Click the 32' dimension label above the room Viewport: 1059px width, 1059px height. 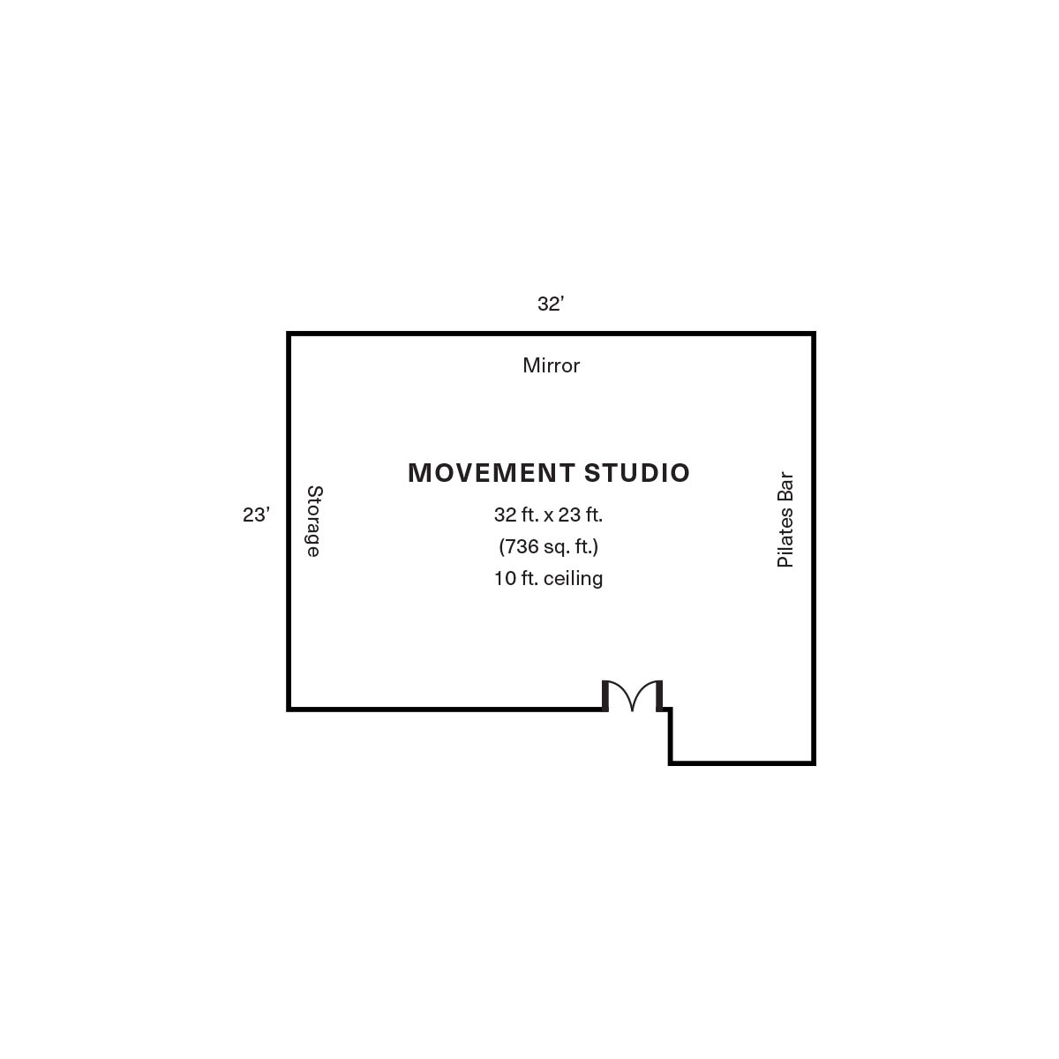550,304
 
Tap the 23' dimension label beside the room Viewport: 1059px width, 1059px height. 256,514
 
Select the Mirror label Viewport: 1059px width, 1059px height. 551,365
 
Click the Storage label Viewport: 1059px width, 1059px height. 314,521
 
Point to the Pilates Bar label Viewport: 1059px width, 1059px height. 785,519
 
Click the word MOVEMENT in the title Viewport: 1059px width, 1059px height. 492,473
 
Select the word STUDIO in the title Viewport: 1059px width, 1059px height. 636,473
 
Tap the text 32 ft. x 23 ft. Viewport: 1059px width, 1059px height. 548,514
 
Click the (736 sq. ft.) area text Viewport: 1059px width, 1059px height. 548,547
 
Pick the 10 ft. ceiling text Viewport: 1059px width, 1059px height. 548,578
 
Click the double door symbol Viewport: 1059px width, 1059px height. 633,695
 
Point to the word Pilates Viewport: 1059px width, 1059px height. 785,537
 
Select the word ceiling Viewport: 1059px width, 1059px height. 574,578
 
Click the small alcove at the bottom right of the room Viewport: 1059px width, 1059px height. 742,735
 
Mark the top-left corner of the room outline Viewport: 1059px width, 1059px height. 289,334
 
